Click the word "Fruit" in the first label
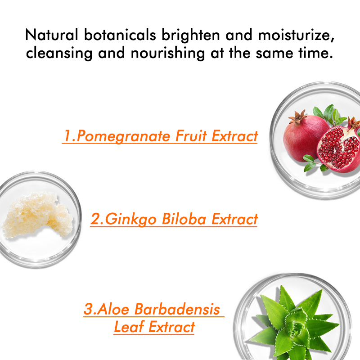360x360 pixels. [x=184, y=136]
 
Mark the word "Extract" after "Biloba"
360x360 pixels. [x=235, y=219]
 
